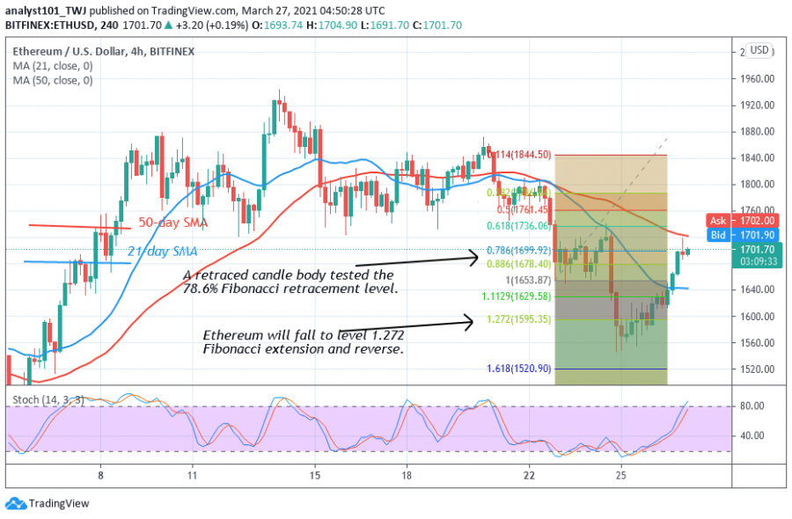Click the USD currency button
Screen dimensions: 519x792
point(759,50)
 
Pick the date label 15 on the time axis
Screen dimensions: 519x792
point(315,475)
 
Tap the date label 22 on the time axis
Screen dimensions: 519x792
point(529,475)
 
